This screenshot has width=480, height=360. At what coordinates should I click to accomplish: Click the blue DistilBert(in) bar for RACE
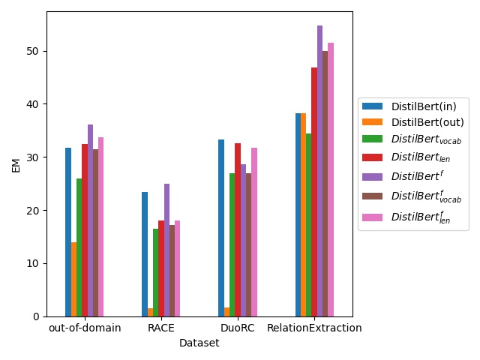(145, 254)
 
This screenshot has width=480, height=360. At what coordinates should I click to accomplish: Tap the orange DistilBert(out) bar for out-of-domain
(73, 279)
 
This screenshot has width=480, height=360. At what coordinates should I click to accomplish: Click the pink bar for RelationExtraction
(331, 179)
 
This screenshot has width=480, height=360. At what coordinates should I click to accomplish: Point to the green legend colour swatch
(373, 139)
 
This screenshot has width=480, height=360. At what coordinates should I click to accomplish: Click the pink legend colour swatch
(373, 217)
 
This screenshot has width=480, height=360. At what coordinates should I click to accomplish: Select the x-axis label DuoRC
(238, 328)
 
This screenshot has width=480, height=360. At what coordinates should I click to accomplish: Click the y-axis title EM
(16, 164)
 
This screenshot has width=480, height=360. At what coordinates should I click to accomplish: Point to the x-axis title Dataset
(199, 343)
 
